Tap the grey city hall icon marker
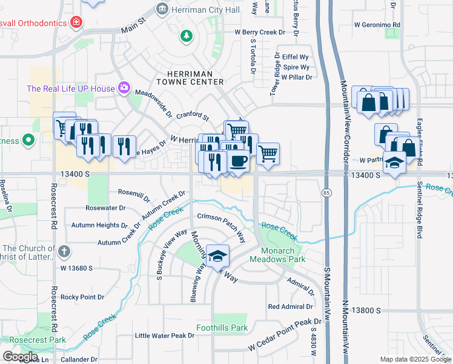click(162, 9)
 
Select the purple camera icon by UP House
click(124, 89)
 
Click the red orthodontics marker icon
click(76, 23)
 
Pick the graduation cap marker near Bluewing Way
click(217, 255)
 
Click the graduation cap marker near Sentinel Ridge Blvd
click(395, 164)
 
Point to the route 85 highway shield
click(326, 193)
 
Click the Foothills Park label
click(222, 328)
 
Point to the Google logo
click(20, 357)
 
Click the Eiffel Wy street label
click(288, 56)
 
